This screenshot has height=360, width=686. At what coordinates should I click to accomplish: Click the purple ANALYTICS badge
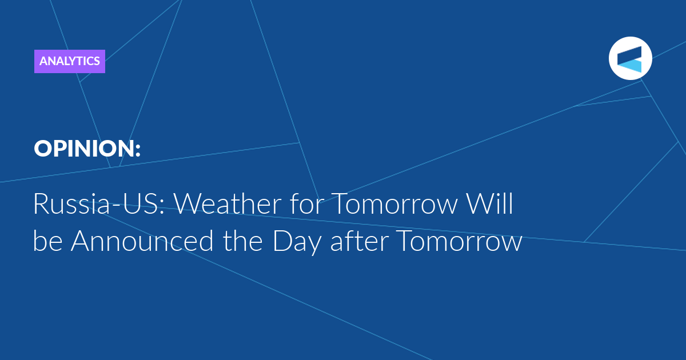coord(70,61)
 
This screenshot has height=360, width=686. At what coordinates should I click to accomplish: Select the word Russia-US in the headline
coord(97,203)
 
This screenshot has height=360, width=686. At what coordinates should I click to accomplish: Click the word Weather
coord(228,203)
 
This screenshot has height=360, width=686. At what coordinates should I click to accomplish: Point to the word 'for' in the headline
coord(306,203)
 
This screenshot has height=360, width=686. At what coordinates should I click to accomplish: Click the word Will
coord(489,203)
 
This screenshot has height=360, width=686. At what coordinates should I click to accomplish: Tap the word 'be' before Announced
coord(48,241)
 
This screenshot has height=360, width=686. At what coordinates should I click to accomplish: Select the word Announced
coord(142,241)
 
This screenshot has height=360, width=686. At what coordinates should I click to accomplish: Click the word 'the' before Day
coord(242,241)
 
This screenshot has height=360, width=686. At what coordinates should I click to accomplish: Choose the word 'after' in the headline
coord(360,241)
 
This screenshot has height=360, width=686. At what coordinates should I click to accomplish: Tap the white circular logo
coord(630,58)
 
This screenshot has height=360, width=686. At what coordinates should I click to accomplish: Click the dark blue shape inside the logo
coord(629,55)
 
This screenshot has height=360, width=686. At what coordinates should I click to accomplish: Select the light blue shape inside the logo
coord(631,66)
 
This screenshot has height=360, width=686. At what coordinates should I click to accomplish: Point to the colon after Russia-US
coord(162,207)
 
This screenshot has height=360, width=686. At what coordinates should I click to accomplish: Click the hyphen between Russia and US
coord(117,206)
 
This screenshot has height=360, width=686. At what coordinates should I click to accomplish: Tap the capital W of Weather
coord(188,204)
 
